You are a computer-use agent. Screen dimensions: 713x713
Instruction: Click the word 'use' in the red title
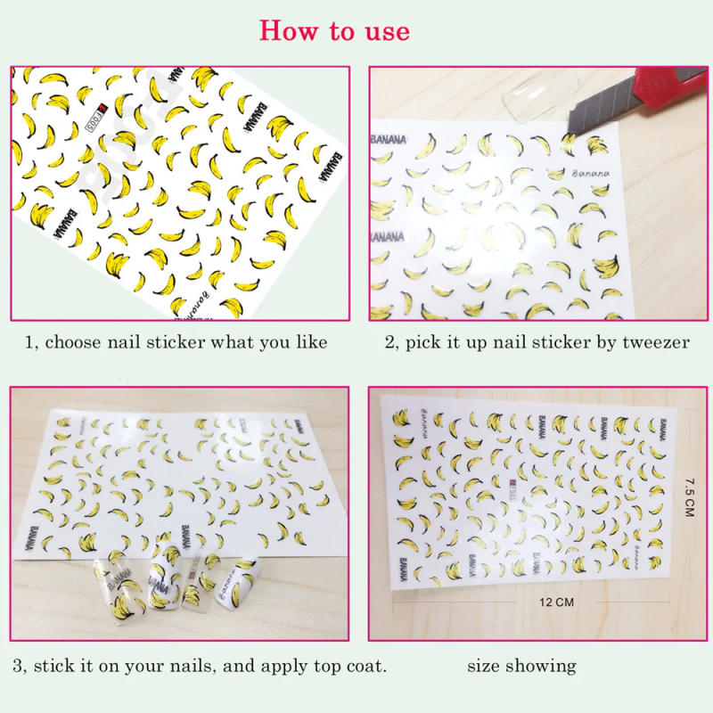(x=382, y=31)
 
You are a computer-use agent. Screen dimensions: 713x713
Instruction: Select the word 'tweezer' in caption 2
(x=659, y=342)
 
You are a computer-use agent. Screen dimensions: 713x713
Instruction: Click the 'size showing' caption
(x=521, y=666)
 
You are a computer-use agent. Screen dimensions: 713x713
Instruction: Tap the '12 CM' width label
(x=557, y=602)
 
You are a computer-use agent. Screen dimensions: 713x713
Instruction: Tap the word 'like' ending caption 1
(x=311, y=342)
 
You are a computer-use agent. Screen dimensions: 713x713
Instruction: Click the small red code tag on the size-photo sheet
(x=514, y=488)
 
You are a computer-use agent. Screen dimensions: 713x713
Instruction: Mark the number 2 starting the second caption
(x=389, y=342)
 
